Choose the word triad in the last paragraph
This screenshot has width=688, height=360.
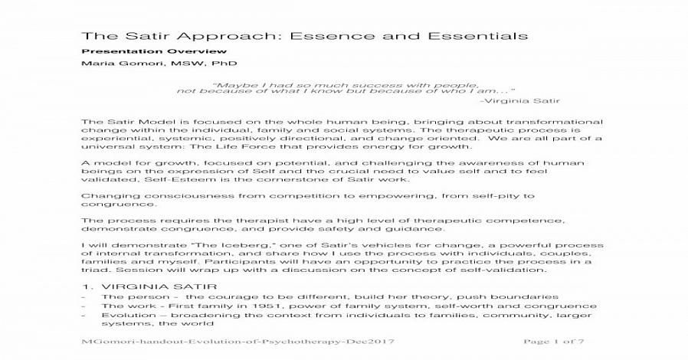[97, 270]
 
